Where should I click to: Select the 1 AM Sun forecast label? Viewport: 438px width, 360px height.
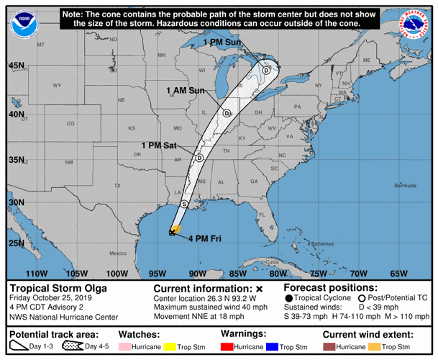click(x=186, y=90)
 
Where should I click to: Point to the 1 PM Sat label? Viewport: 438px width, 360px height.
click(x=159, y=145)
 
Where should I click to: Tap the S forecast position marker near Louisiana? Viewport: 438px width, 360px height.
click(x=184, y=204)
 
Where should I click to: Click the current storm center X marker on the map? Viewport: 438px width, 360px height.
click(x=173, y=231)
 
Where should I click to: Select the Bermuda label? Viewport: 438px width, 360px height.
click(x=406, y=186)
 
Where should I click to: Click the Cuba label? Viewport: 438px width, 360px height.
click(x=272, y=261)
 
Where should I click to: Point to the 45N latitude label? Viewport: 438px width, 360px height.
click(x=17, y=66)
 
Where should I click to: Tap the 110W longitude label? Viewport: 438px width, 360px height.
click(x=35, y=274)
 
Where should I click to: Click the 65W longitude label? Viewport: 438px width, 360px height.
click(x=398, y=274)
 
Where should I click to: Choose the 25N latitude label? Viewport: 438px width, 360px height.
click(x=17, y=243)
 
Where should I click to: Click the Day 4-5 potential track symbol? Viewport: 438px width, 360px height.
click(x=76, y=347)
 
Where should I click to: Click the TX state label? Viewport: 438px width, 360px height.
click(x=117, y=186)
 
